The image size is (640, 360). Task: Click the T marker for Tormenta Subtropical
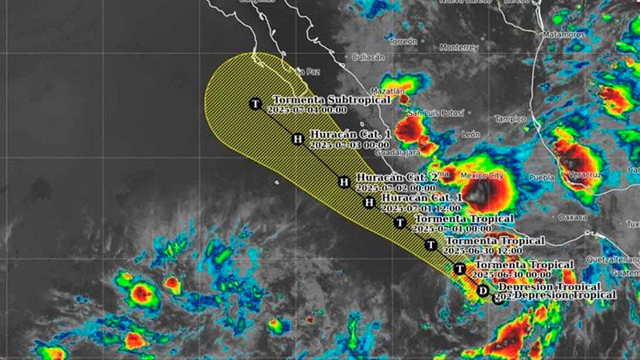255,103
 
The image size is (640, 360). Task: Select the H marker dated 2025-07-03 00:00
298,139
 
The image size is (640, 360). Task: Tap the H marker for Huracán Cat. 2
344,182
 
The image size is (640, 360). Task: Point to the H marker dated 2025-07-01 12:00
369,202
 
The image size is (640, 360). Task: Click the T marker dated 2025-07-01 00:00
400,222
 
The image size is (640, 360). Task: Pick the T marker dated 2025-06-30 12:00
431,245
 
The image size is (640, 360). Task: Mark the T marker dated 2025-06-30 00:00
460,270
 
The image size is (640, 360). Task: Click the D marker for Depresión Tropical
482,291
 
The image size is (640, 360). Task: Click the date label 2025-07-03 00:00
349,146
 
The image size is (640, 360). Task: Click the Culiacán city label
368,58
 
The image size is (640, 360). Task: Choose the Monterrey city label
458,46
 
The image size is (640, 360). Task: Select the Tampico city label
510,118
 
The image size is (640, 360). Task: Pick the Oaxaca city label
573,217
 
